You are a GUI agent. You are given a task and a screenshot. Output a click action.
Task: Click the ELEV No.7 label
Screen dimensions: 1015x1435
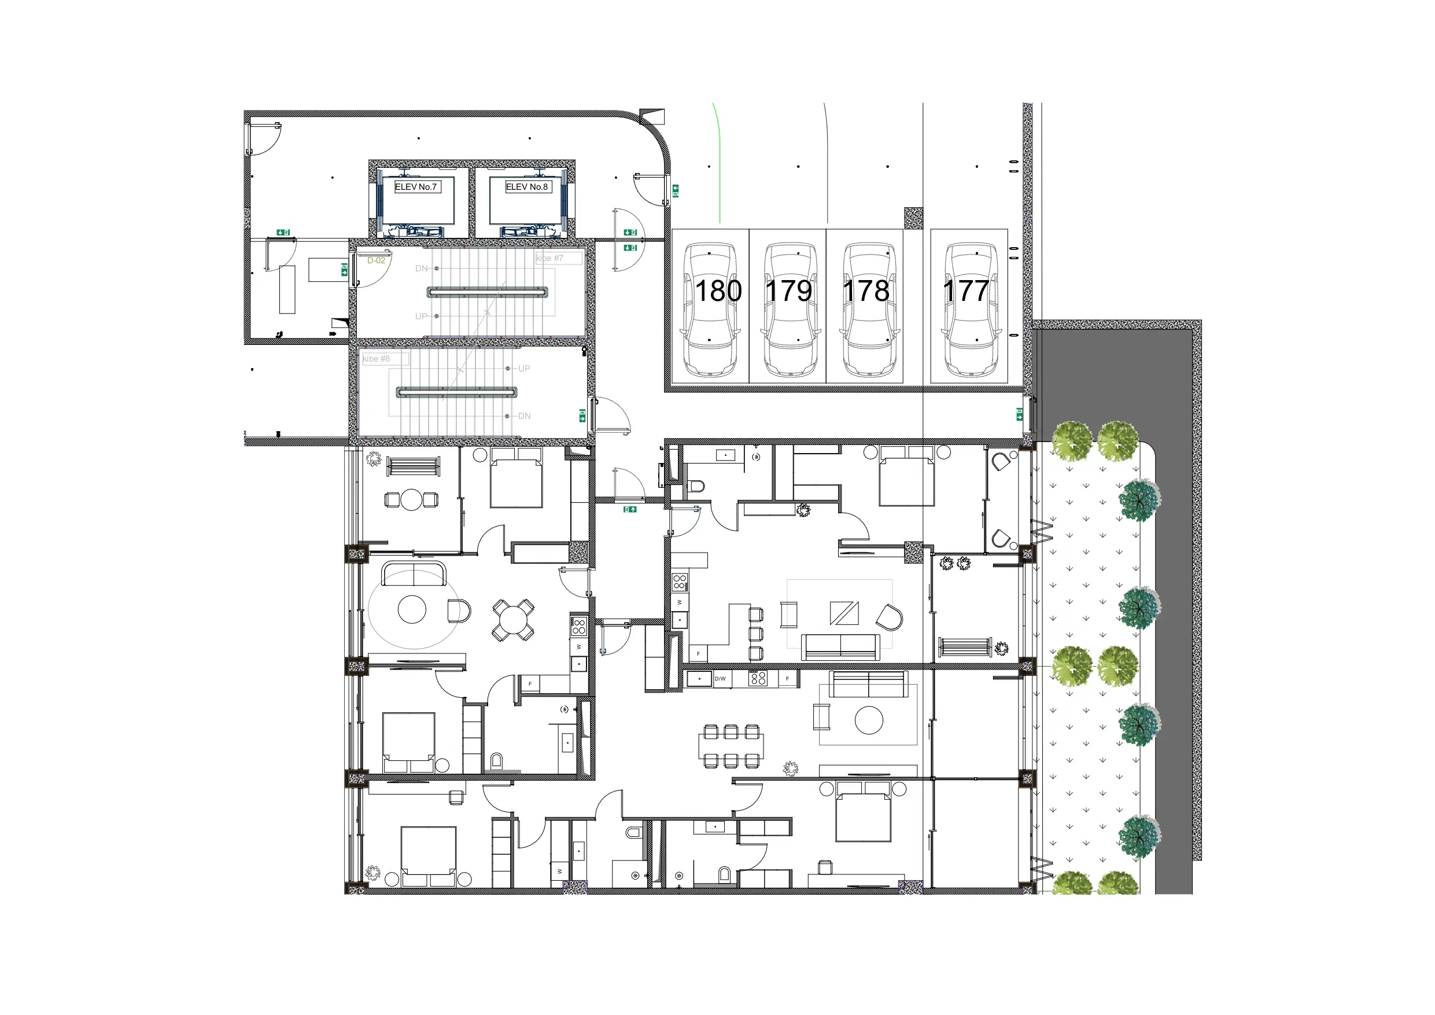416,187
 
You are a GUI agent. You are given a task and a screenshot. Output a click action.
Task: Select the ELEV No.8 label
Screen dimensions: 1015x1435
527,187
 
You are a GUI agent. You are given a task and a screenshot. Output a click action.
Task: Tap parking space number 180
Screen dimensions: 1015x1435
718,292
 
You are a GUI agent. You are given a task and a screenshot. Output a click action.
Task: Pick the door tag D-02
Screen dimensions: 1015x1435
377,261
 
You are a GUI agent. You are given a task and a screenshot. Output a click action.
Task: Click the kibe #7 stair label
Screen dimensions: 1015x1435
550,258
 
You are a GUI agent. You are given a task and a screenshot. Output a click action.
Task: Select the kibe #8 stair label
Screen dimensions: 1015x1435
377,359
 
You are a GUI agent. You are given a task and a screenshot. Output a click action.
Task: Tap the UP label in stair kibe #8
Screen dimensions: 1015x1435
525,369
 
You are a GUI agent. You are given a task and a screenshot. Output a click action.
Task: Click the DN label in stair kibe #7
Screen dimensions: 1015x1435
422,269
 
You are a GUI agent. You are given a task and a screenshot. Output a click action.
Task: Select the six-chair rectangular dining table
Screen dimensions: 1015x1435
731,746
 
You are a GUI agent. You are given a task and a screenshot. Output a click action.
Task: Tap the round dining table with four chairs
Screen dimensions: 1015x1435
512,620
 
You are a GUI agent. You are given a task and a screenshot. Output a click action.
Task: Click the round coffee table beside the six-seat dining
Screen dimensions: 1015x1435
869,720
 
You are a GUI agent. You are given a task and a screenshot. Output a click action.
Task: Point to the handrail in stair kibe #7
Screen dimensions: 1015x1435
488,292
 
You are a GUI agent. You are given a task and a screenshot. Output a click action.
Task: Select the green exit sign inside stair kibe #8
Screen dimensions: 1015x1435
582,416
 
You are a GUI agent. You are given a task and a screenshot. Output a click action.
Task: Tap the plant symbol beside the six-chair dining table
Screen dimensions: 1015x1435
791,768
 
